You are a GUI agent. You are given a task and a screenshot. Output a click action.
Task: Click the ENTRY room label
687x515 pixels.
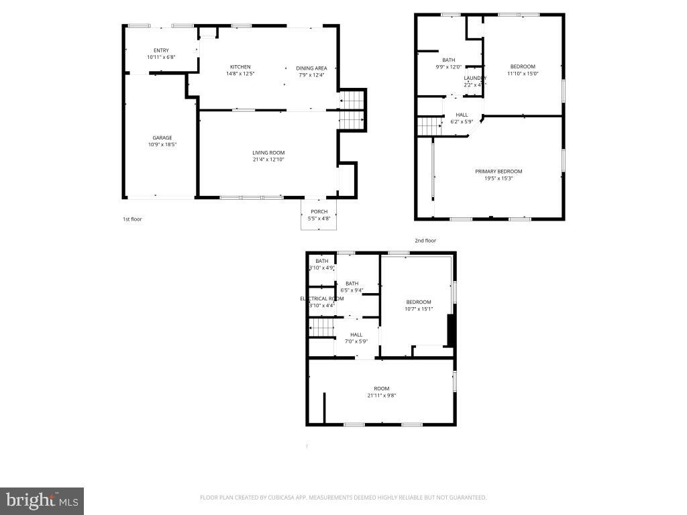[x=161, y=50]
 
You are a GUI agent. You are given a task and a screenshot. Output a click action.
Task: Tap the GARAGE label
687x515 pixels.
[x=162, y=137]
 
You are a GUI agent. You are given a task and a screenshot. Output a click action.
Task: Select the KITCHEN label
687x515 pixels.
[x=240, y=67]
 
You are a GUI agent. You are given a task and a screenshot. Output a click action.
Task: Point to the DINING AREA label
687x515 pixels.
[x=311, y=68]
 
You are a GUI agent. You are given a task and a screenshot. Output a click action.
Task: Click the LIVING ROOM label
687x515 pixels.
[x=268, y=153]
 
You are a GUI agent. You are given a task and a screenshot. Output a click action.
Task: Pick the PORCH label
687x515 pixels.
[x=319, y=212]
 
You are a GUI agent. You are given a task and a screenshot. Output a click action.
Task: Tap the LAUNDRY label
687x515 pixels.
[x=474, y=78]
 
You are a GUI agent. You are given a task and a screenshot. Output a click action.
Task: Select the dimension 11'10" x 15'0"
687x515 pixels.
[x=523, y=74]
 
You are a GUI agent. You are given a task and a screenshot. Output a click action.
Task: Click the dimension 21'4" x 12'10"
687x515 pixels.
[x=268, y=160]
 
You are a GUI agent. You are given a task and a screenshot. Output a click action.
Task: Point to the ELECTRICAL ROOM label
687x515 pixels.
[x=322, y=298]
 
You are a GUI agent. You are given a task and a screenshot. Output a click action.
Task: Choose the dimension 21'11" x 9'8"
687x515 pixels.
[x=382, y=396]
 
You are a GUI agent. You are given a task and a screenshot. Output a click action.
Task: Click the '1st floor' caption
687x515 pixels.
[x=132, y=219]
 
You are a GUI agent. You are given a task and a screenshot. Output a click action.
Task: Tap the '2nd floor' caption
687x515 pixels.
[x=425, y=240]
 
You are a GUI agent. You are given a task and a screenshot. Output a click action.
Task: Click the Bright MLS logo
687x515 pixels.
[x=42, y=500]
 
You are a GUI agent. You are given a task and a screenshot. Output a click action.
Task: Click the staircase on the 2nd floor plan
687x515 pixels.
[x=429, y=125]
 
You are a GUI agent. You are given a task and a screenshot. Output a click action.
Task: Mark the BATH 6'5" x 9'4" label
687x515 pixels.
[x=352, y=284]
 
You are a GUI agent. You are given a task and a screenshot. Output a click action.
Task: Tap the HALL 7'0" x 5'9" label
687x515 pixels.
[x=356, y=335]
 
